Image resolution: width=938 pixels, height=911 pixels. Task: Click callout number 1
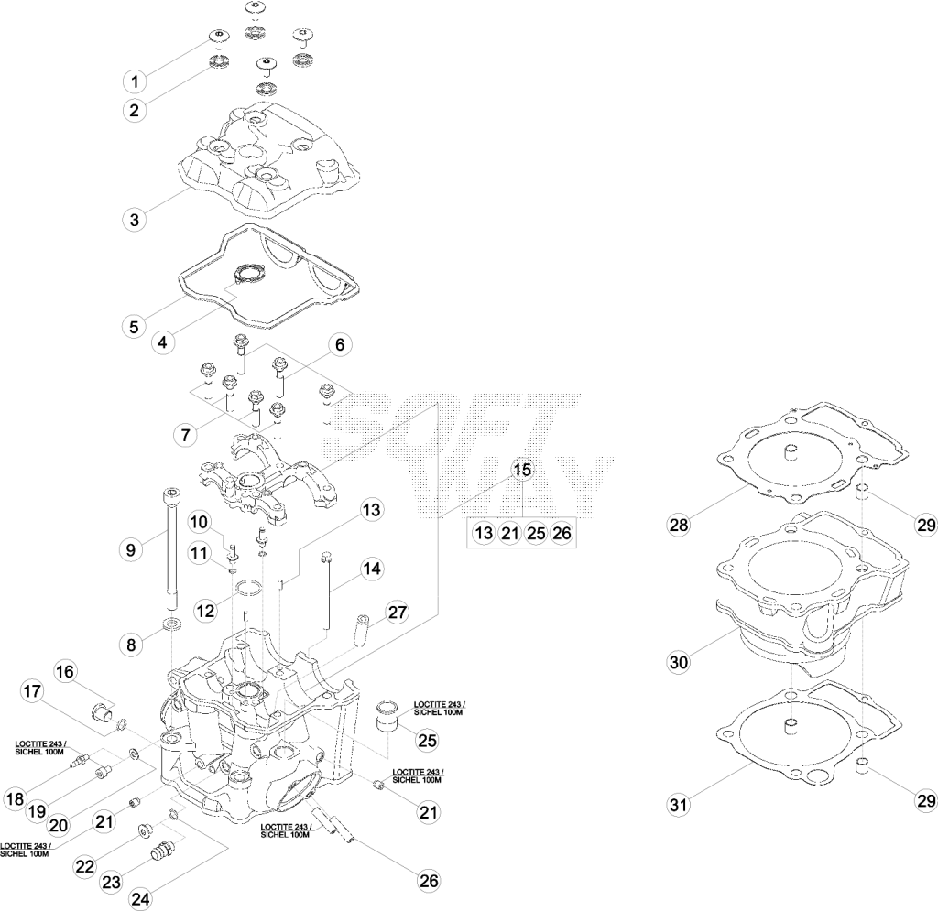tap(136, 81)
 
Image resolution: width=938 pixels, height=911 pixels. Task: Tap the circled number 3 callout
tap(135, 220)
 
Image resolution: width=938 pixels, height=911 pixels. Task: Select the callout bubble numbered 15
tap(522, 470)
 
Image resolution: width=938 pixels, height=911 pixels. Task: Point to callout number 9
tap(131, 549)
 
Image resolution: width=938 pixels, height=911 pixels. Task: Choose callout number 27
tap(398, 613)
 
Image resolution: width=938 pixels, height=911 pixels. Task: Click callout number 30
tap(679, 662)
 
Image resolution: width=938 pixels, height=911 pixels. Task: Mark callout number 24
tap(140, 898)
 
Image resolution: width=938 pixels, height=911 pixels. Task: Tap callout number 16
tap(65, 672)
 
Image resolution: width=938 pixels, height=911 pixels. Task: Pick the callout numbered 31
tap(678, 805)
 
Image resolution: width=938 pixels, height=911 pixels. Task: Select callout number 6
tap(340, 345)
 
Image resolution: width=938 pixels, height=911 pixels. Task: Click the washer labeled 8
tap(172, 625)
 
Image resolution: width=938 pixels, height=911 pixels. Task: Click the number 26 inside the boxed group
tap(562, 532)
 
